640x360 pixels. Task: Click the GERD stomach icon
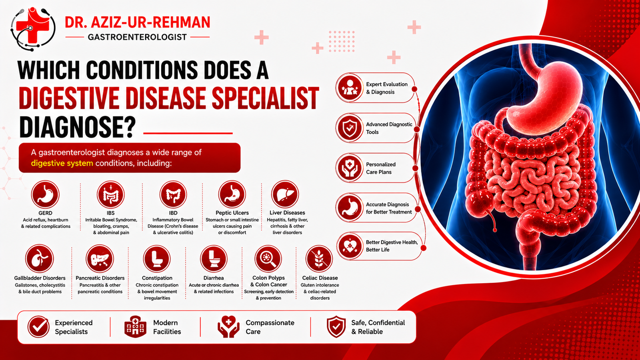[45, 194]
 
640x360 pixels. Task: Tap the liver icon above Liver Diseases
[285, 194]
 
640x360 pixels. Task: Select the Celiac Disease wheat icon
[319, 259]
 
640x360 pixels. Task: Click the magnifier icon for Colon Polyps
[268, 259]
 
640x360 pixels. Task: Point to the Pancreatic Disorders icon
[100, 258]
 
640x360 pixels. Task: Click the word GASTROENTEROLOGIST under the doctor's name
[137, 37]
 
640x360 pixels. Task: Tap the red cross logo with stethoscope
[32, 28]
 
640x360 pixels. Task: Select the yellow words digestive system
[62, 164]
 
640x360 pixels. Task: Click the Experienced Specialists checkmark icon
[38, 326]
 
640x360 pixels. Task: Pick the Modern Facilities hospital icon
[135, 326]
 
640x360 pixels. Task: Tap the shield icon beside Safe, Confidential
[336, 326]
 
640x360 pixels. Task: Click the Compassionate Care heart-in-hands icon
[228, 326]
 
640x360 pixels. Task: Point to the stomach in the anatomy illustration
[540, 94]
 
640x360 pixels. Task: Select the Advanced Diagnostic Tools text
[389, 128]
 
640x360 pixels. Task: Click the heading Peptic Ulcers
[232, 212]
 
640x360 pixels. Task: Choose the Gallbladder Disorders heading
[40, 278]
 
